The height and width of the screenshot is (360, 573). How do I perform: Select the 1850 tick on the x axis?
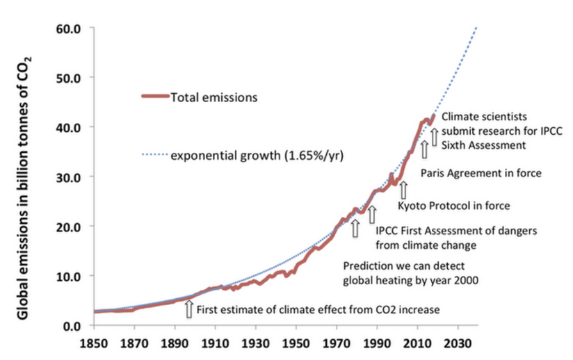click(94, 342)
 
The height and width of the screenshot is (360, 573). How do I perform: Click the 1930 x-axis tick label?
click(256, 342)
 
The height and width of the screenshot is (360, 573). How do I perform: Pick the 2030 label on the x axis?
click(458, 342)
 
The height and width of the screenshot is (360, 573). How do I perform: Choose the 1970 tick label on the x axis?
click(337, 342)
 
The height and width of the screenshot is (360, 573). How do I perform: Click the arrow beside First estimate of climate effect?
click(188, 309)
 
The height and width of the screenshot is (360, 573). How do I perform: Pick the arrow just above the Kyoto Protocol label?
click(403, 189)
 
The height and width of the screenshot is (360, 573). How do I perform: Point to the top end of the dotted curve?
click(477, 27)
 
